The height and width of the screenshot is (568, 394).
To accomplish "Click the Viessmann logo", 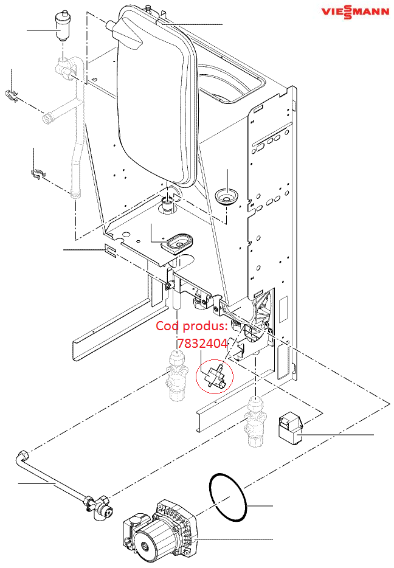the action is pyautogui.click(x=355, y=12).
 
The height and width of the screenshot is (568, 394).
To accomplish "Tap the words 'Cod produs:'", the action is pyautogui.click(x=192, y=326).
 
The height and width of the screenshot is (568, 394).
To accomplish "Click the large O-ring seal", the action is pyautogui.click(x=228, y=497).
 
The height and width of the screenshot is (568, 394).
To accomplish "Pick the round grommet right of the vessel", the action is pyautogui.click(x=227, y=196).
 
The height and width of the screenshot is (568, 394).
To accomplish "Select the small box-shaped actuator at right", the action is pyautogui.click(x=291, y=429).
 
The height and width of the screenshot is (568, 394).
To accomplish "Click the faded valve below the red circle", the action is pyautogui.click(x=255, y=422).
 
